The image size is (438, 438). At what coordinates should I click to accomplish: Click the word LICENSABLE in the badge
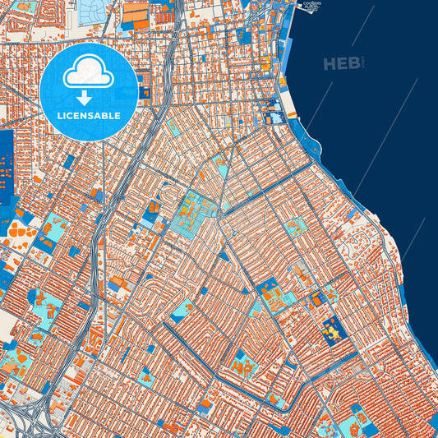[x=89, y=115]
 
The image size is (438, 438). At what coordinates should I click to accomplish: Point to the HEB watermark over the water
[x=340, y=64]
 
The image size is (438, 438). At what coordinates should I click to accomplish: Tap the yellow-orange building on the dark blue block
[x=333, y=331]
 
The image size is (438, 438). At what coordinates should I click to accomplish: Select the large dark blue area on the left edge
[x=6, y=164]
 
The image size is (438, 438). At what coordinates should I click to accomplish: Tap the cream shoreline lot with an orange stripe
[x=288, y=102]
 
